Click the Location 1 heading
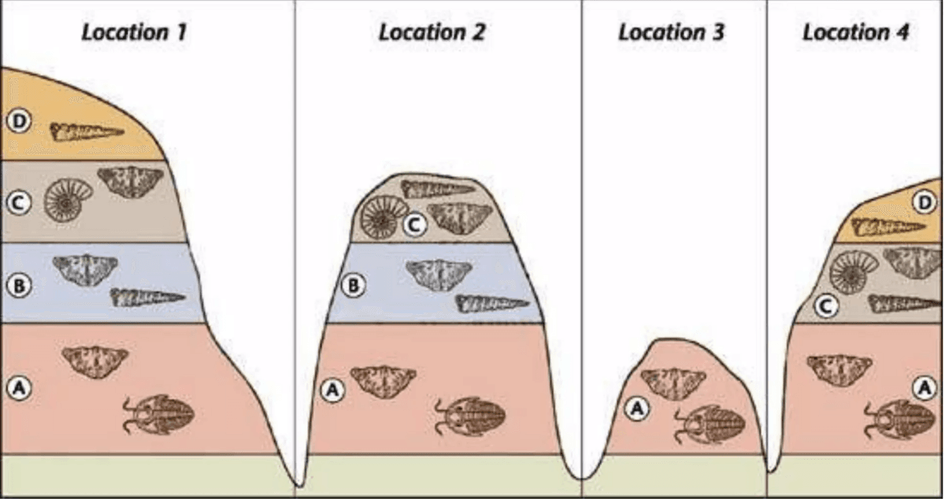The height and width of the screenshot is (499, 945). pos(134,33)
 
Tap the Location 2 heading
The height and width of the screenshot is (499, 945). pos(432,33)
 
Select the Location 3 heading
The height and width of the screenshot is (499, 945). pos(671,33)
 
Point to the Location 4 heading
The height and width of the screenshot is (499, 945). pos(855,33)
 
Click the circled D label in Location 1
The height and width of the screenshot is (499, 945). pos(19,121)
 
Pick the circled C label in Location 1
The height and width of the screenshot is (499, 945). pos(19,203)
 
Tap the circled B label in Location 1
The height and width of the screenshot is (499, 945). pos(19,286)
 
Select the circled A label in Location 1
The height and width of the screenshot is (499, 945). pos(19,388)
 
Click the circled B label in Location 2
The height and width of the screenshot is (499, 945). pos(353,286)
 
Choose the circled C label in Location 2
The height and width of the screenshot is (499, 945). pos(415,225)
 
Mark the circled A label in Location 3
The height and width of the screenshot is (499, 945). pos(636,408)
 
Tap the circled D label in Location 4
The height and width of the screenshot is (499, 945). pos(925,203)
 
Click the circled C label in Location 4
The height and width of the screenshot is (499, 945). pos(826,306)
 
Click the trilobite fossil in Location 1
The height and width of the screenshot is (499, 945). pos(158,415)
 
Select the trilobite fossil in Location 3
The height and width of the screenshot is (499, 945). pos(710,424)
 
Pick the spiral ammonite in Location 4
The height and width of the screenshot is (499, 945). pos(854,272)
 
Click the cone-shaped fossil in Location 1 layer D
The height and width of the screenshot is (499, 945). pos(87,131)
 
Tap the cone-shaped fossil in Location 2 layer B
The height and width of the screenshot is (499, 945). pos(492,304)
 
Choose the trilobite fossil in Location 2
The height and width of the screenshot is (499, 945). pos(470,416)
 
